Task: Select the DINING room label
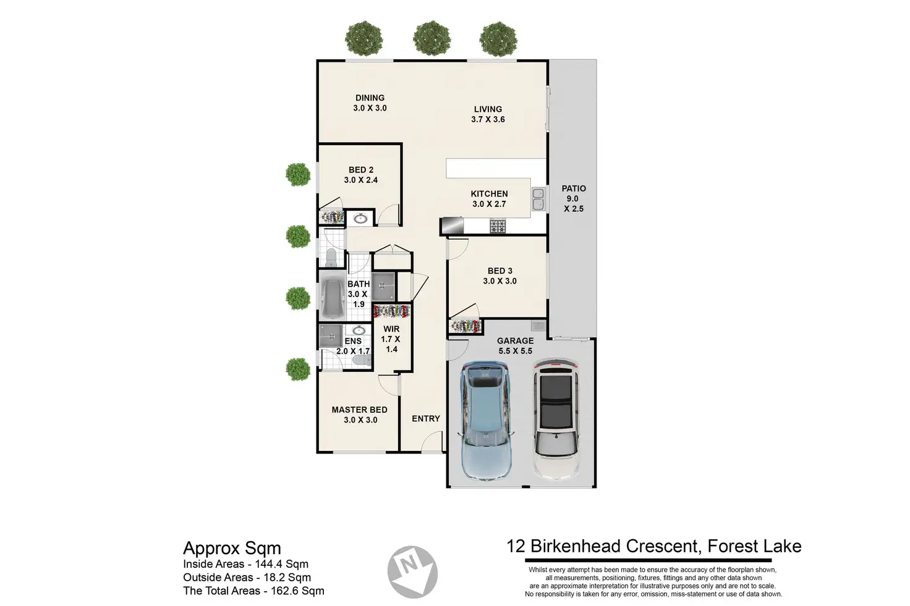click(x=370, y=98)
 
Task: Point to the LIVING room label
click(x=488, y=109)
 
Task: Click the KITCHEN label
click(x=489, y=194)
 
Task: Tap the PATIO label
click(x=573, y=189)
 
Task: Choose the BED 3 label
click(x=500, y=271)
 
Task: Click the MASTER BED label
click(x=359, y=410)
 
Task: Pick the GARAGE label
click(x=515, y=341)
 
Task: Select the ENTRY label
click(x=426, y=419)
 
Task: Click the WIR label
click(x=391, y=329)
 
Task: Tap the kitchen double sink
click(x=538, y=198)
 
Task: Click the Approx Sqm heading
click(x=232, y=549)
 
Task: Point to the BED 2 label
click(x=361, y=170)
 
